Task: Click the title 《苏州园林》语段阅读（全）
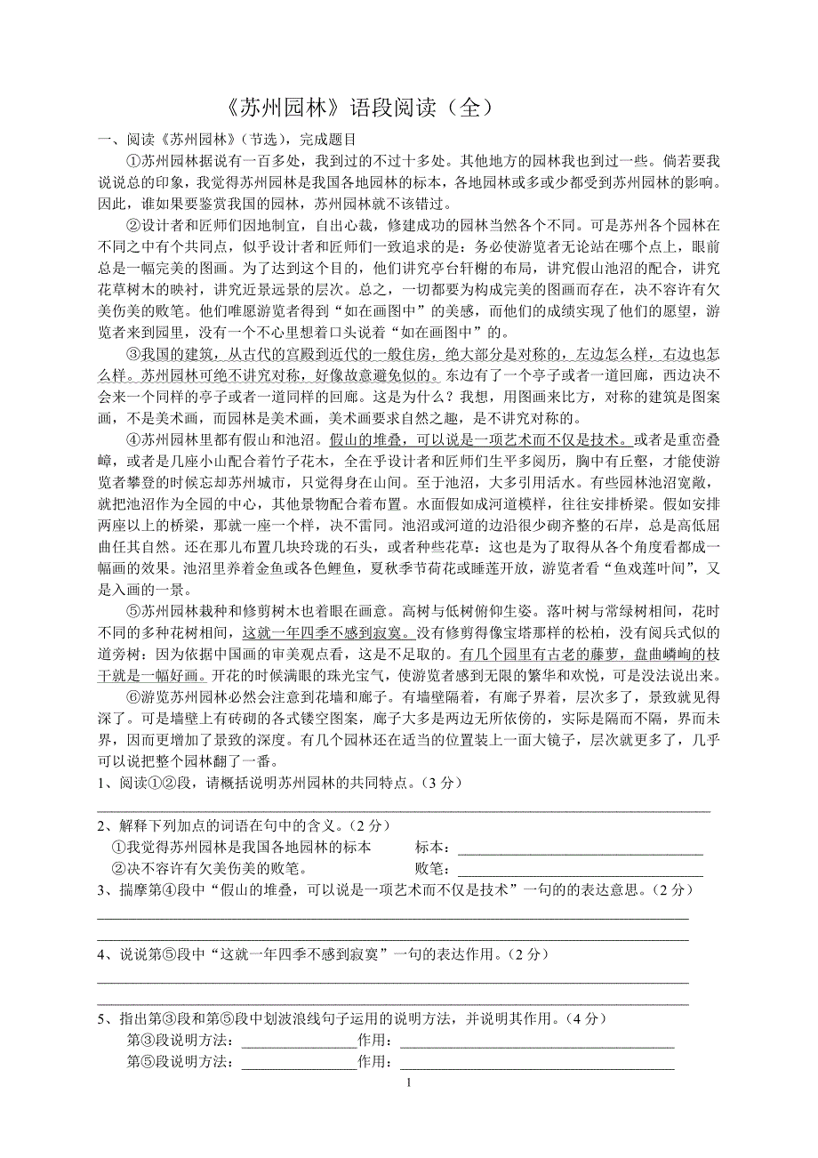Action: (x=355, y=108)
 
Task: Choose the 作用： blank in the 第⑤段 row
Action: (x=537, y=1063)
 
